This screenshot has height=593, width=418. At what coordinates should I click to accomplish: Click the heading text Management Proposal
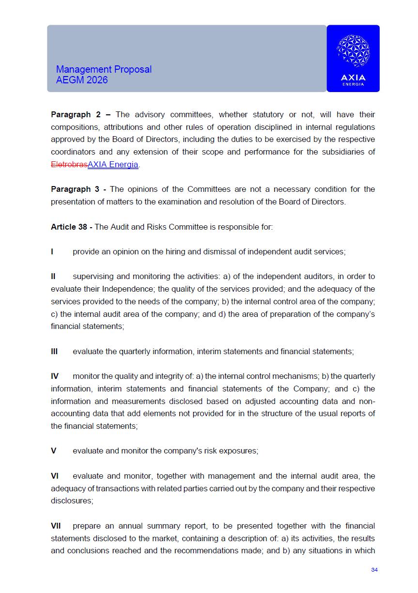pyautogui.click(x=104, y=69)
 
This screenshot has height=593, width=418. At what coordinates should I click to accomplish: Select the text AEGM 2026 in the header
pyautogui.click(x=82, y=80)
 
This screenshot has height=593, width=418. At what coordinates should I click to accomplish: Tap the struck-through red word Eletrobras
pyautogui.click(x=69, y=164)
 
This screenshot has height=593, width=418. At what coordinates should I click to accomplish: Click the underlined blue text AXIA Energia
pyautogui.click(x=113, y=164)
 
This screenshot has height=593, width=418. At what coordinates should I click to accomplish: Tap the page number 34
pyautogui.click(x=374, y=570)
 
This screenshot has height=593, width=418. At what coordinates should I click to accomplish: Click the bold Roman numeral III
pyautogui.click(x=54, y=351)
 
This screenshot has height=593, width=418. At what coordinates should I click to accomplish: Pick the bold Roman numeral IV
pyautogui.click(x=55, y=376)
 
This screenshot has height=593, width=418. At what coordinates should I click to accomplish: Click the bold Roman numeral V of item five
pyautogui.click(x=53, y=451)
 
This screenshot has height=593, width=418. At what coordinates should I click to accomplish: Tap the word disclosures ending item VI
pyautogui.click(x=72, y=501)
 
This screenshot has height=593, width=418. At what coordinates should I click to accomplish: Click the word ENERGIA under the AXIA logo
pyautogui.click(x=353, y=84)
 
